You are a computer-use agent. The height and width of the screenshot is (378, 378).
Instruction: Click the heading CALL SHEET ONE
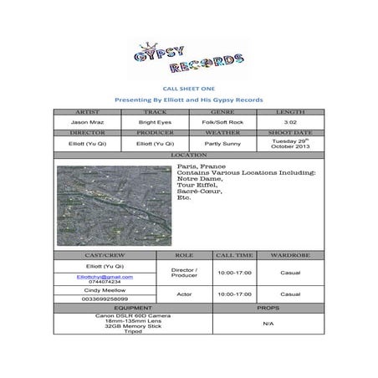pos(188,87)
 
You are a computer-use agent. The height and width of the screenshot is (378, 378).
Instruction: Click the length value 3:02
pos(290,121)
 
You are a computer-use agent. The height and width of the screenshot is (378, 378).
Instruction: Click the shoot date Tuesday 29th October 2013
pos(290,143)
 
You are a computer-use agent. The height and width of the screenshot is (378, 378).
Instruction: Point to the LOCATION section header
pos(189,155)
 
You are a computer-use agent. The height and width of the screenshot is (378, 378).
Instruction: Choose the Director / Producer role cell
pos(183,273)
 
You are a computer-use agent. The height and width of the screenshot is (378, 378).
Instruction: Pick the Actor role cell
pos(183,294)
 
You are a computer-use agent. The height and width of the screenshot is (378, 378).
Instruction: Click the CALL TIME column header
pos(234,254)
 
